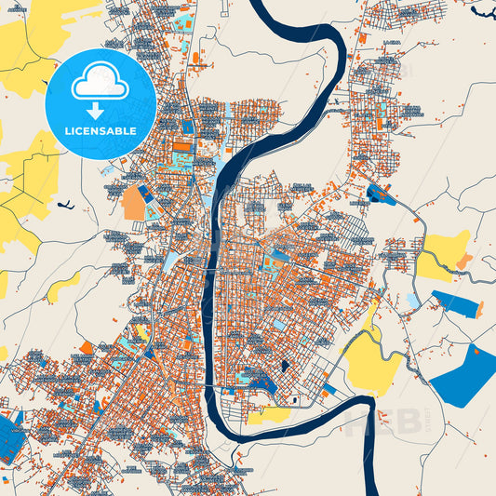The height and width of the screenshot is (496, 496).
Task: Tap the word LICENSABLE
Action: pos(100,131)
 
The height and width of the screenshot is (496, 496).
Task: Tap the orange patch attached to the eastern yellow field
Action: pos(462,262)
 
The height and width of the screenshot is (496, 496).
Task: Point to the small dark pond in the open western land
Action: pos(62,206)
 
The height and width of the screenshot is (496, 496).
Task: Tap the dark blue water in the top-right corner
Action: pos(484,11)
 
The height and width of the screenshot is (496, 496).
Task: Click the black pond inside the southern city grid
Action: pos(284,366)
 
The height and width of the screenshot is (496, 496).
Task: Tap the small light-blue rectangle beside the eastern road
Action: pos(412,301)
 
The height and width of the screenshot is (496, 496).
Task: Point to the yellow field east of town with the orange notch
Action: pos(442,253)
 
